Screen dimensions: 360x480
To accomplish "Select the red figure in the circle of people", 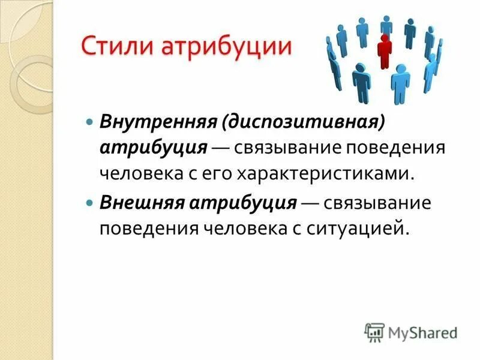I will click(x=385, y=51).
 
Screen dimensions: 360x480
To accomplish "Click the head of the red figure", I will click(x=385, y=39).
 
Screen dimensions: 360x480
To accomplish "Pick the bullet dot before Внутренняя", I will click(x=89, y=121).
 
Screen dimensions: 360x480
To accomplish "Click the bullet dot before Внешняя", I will click(x=89, y=202).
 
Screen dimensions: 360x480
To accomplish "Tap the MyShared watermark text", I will click(x=422, y=332).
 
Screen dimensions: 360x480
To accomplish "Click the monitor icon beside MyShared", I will click(x=375, y=332).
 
